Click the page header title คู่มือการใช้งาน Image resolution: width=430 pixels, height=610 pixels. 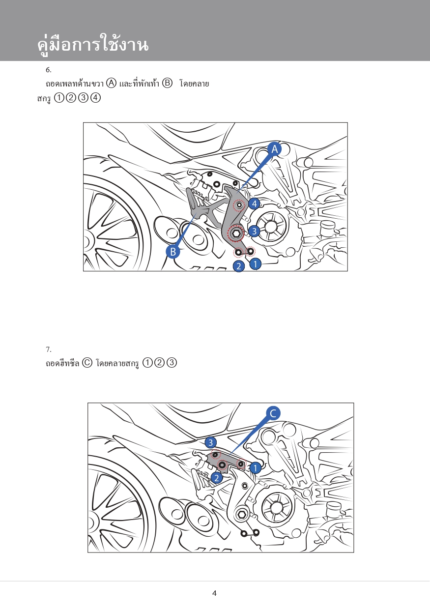[93, 45]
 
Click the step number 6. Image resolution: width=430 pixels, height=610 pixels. [48, 69]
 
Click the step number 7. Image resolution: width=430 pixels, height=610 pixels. [48, 349]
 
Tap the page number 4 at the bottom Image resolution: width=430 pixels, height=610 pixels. [214, 593]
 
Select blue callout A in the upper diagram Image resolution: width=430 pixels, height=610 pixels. [274, 149]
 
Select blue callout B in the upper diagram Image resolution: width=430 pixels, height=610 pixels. [172, 252]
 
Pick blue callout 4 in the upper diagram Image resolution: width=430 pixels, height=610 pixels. [254, 203]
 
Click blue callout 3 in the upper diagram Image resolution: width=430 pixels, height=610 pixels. [254, 231]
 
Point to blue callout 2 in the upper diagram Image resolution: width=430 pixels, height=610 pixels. [239, 266]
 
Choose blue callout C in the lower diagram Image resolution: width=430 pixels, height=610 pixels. [273, 413]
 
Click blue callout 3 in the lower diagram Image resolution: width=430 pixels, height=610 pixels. [211, 442]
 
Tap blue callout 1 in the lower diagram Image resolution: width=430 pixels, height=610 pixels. [255, 468]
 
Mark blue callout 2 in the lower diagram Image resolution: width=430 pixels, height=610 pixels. [217, 478]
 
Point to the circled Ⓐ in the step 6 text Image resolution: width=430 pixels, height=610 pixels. [112, 83]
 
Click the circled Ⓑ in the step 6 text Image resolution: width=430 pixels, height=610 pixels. [167, 83]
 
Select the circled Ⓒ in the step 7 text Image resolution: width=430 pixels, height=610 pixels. [87, 363]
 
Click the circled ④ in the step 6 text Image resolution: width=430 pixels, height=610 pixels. [96, 98]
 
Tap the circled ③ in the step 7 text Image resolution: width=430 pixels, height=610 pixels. [172, 363]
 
